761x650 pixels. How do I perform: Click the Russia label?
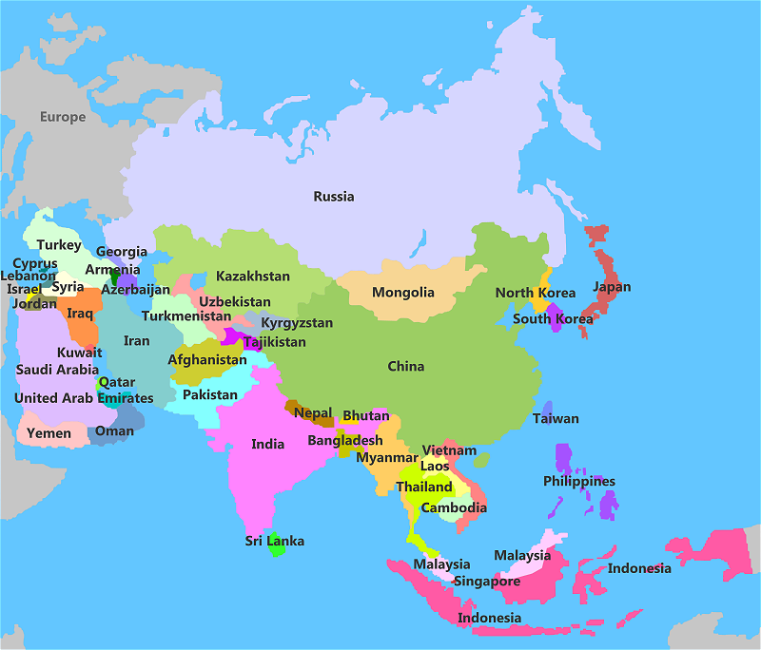pos(334,197)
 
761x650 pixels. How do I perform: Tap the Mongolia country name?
pos(403,293)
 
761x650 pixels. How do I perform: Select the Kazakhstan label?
pos(253,277)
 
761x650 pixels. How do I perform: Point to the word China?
pos(406,367)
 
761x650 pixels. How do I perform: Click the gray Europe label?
pos(63,118)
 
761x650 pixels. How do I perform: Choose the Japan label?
pos(612,287)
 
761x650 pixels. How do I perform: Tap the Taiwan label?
pos(556,419)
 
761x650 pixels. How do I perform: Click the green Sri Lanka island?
pos(277,546)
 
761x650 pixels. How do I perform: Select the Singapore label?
pos(487,582)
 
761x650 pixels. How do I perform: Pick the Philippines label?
pos(579,482)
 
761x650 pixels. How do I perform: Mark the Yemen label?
pos(49,433)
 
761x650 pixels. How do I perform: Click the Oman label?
pos(115,431)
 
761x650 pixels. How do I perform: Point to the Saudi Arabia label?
pos(57,370)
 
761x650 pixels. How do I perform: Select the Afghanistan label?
pos(207,360)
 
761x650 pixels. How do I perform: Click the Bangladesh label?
pos(345,441)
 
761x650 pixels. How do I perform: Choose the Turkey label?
pos(59,245)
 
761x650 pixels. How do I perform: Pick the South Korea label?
pos(553,319)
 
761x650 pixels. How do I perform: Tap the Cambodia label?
pos(454,508)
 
